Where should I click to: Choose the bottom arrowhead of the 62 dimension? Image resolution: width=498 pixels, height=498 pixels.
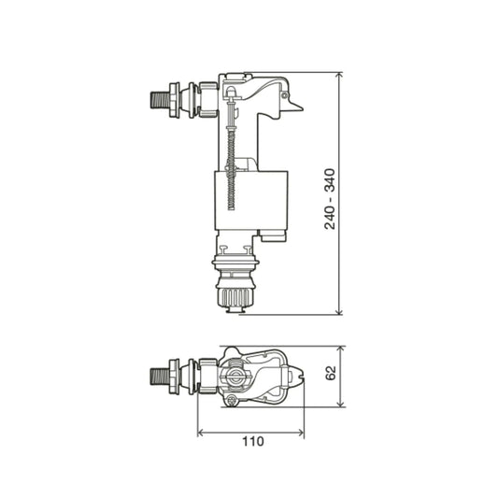341,405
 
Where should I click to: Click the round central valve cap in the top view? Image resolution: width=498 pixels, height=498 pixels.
235,378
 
